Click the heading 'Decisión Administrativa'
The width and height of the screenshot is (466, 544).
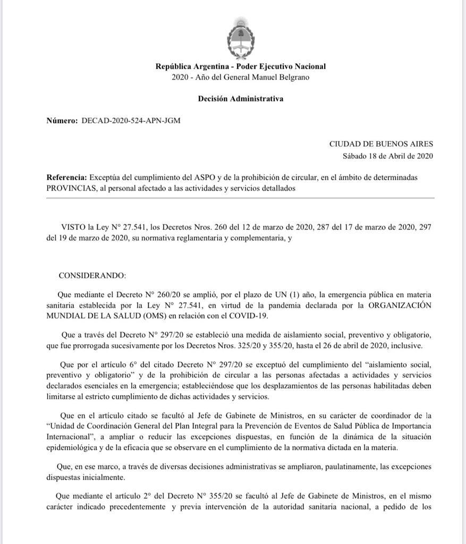tap(240, 98)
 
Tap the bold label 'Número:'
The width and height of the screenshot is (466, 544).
tap(62, 121)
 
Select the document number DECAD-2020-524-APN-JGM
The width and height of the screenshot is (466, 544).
tap(131, 121)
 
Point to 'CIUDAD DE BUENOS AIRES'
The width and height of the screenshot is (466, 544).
tap(381, 143)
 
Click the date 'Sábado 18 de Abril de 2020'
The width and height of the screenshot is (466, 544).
tap(388, 156)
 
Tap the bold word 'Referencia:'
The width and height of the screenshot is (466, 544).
tap(66, 177)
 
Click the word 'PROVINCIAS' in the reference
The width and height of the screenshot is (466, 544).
tap(71, 188)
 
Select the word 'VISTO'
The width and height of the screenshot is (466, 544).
tap(73, 227)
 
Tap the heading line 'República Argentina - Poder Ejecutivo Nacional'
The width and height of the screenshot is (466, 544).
tap(240, 66)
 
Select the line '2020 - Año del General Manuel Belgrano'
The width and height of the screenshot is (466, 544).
tap(240, 77)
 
